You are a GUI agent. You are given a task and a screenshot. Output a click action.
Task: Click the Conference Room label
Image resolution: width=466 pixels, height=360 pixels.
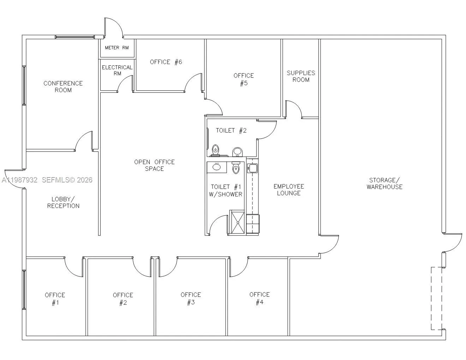63,86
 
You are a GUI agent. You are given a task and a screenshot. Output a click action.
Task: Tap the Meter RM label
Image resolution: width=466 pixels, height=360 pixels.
116,48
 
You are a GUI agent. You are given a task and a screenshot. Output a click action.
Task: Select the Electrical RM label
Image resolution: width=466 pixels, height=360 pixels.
117,70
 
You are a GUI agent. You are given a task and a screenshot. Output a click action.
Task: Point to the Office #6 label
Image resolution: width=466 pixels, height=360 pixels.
166,62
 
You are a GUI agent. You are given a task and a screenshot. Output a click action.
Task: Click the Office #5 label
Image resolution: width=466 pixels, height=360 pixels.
244,79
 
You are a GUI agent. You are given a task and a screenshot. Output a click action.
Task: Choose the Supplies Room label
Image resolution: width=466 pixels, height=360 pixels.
301,76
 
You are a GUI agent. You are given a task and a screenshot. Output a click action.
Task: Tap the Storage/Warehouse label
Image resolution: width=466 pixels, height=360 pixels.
384,184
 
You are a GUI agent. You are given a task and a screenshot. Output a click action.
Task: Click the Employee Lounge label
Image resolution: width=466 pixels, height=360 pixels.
288,190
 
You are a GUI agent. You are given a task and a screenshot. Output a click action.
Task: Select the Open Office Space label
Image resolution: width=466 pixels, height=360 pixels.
154,165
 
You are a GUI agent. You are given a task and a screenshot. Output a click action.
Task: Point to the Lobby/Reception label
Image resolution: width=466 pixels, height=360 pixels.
63,203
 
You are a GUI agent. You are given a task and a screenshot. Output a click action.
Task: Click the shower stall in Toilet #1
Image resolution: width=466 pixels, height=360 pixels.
237,222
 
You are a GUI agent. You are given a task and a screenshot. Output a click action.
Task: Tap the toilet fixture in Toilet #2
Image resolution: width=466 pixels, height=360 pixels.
215,150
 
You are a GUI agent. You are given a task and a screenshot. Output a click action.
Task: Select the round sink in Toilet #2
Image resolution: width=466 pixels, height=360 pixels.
238,151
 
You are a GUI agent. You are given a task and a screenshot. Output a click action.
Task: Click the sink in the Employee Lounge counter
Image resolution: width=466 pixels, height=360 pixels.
252,168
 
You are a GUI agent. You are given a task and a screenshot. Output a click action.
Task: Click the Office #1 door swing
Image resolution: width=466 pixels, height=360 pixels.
73,266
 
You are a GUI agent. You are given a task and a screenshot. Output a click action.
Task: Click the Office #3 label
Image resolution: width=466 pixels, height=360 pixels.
191,299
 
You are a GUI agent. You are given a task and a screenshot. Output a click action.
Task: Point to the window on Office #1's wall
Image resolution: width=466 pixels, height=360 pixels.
24,289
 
